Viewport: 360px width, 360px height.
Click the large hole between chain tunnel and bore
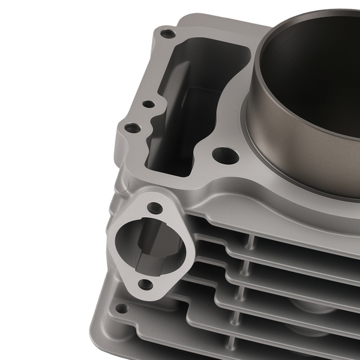[x=224, y=155]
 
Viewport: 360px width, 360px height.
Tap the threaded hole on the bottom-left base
[x=122, y=308]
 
